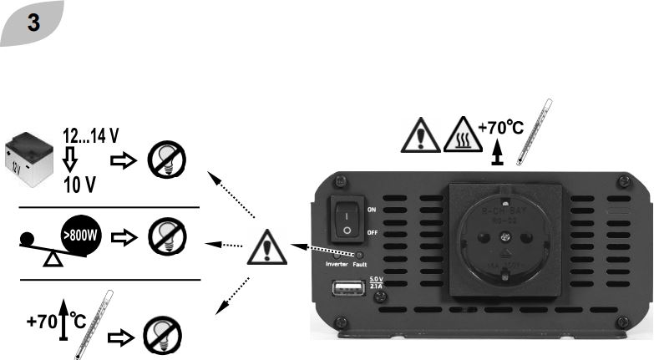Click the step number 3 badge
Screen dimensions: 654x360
(33, 23)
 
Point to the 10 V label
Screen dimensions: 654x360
(80, 185)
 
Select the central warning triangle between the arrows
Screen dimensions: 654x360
(266, 247)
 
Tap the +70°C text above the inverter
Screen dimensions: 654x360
(499, 129)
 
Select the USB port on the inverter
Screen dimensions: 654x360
(348, 289)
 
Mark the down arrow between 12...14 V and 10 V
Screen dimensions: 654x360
(70, 160)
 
